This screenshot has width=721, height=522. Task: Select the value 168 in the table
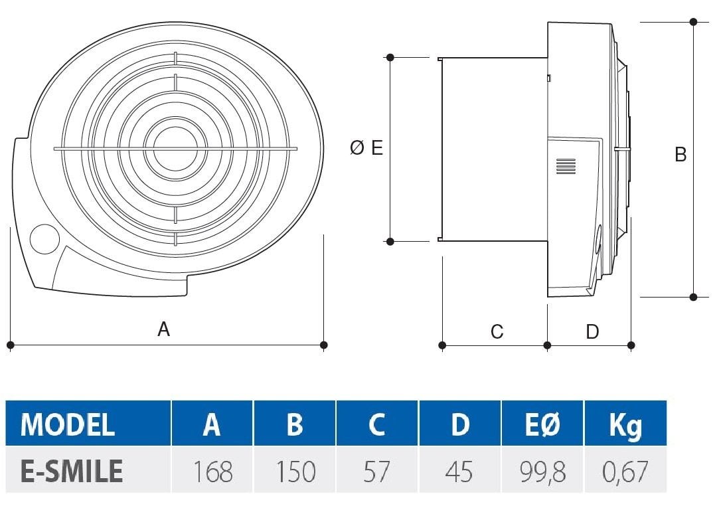(212, 472)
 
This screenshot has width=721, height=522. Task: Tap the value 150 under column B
(295, 472)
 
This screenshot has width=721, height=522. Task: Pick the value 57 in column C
(376, 472)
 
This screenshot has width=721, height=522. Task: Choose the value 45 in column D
(459, 472)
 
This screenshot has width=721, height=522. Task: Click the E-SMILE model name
(72, 472)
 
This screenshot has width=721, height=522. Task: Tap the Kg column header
(625, 425)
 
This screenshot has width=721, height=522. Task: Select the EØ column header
(542, 424)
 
